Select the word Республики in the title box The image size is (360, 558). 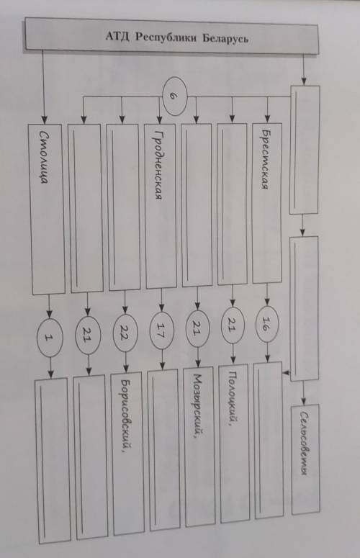pyautogui.click(x=166, y=37)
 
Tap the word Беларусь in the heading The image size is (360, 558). pyautogui.click(x=225, y=38)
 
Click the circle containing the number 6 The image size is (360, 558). pyautogui.click(x=174, y=96)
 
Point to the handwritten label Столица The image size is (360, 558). pyautogui.click(x=44, y=157)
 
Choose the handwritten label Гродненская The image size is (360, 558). pyautogui.click(x=158, y=165)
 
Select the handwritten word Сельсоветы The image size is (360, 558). pyautogui.click(x=303, y=443)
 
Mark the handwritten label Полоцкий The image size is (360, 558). pyautogui.click(x=232, y=398)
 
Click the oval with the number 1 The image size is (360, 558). pyautogui.click(x=50, y=338)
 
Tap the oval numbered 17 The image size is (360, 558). pyautogui.click(x=162, y=330)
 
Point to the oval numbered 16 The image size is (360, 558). pyautogui.click(x=266, y=324)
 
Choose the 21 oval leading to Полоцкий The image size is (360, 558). pyautogui.click(x=233, y=325)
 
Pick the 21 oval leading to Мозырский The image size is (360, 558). pyautogui.click(x=198, y=328)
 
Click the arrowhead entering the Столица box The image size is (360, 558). pyautogui.click(x=45, y=120)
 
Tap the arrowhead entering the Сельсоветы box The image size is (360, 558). pyautogui.click(x=303, y=400)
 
